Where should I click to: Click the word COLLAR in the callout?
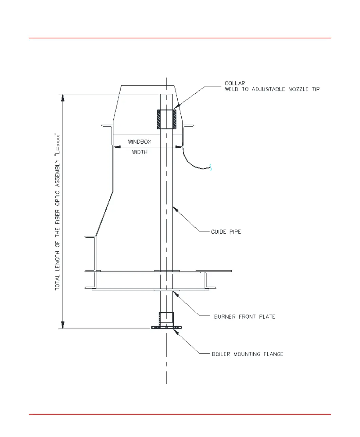[235, 83]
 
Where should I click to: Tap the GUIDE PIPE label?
[226, 232]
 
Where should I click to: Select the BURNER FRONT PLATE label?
[244, 317]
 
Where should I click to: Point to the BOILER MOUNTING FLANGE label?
[247, 354]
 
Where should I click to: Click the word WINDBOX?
[139, 142]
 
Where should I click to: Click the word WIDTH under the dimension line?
[140, 152]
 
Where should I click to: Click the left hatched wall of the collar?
[159, 119]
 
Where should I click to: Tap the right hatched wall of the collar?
[175, 119]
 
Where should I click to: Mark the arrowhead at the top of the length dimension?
[62, 98]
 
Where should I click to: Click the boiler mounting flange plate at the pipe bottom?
[166, 328]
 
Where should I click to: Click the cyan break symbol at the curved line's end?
[211, 167]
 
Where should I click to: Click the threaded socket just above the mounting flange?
[166, 318]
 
